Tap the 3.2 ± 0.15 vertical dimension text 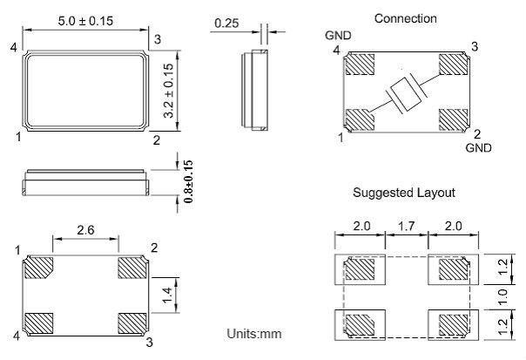(170, 89)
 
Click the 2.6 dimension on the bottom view (85, 230)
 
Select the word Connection (405, 18)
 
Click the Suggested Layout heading (404, 192)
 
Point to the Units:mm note (254, 334)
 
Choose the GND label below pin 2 (478, 149)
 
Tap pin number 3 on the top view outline (156, 39)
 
